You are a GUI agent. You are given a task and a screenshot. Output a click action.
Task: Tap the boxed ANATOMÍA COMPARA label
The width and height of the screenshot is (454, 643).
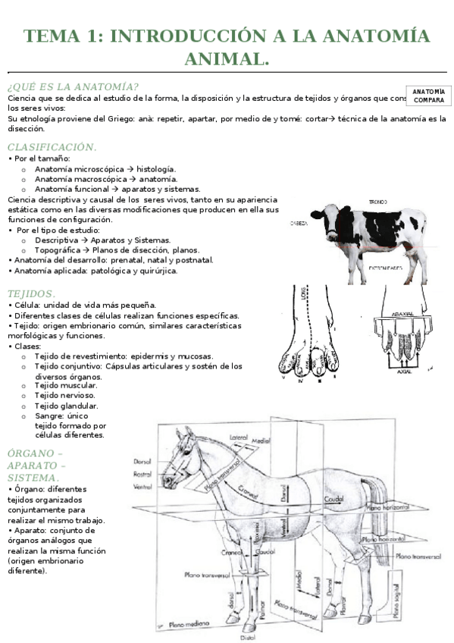pos(429,96)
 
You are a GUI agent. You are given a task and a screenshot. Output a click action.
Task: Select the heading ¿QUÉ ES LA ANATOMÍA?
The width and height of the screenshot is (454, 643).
pos(73,86)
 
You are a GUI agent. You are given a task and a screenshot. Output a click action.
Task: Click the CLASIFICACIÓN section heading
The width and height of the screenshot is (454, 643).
pos(52,147)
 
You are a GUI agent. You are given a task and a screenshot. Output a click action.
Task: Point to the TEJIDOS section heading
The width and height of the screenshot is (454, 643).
pos(31,293)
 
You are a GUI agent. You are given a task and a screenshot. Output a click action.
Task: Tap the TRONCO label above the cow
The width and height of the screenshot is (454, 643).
pos(377,202)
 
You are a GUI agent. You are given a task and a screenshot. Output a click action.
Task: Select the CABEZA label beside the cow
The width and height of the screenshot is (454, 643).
pos(298,224)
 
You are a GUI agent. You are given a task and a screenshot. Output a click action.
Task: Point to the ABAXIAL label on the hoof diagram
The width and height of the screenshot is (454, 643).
pos(402,313)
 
